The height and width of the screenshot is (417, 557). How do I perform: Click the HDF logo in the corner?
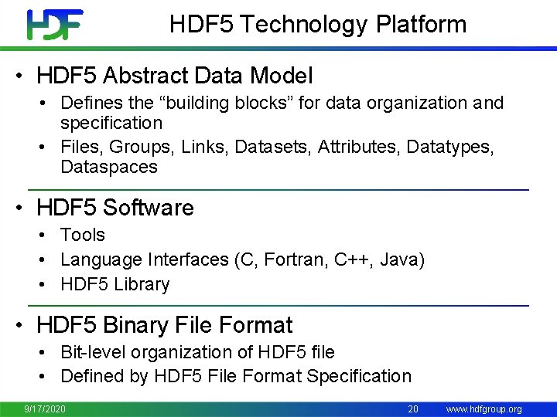54,25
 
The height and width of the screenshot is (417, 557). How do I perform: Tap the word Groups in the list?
128,147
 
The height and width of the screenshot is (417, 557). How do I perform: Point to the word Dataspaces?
109,167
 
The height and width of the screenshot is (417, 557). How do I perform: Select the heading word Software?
148,208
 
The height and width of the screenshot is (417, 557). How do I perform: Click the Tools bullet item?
83,235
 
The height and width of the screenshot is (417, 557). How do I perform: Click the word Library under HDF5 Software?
142,284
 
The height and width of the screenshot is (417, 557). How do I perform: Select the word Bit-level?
91,352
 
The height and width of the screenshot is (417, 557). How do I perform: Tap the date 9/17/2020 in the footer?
45,409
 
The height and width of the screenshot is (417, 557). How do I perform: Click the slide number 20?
413,409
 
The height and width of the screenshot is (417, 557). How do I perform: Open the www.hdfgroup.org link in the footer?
484,409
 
